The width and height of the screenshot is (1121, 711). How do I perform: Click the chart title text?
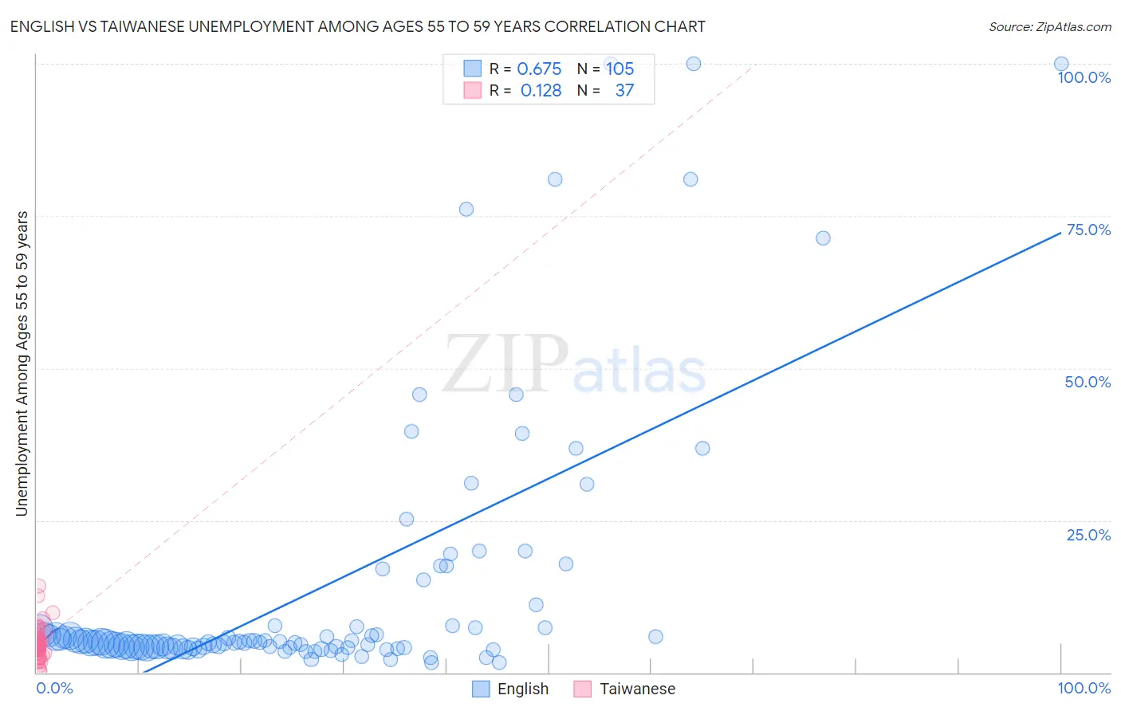click(x=357, y=26)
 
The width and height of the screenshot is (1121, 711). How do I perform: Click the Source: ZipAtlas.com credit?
click(x=1049, y=26)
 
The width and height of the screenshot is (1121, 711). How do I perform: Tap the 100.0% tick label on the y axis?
click(x=1084, y=77)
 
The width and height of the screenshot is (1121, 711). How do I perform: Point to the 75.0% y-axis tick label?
click(x=1088, y=230)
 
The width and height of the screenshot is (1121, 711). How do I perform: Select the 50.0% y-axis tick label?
click(x=1087, y=382)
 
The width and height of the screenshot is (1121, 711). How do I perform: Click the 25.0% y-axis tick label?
click(x=1088, y=535)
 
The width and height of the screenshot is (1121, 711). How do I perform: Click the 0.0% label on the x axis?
click(x=54, y=688)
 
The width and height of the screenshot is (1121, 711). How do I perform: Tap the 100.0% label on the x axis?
click(x=1084, y=688)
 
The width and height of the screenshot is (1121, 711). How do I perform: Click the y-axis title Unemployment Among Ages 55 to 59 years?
click(x=22, y=363)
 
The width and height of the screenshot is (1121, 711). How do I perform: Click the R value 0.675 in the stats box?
click(x=539, y=69)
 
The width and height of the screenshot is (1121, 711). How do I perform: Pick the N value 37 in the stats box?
click(x=624, y=91)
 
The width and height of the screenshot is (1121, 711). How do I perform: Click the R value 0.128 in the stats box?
click(x=541, y=91)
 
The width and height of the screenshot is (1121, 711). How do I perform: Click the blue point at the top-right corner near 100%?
click(x=1060, y=64)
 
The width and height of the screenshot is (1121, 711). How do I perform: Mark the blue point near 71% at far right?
click(x=823, y=238)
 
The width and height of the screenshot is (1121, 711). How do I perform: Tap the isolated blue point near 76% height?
click(x=466, y=210)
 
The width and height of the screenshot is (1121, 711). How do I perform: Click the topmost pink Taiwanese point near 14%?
click(x=38, y=586)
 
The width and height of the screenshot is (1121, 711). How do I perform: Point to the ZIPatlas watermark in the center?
click(x=574, y=365)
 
